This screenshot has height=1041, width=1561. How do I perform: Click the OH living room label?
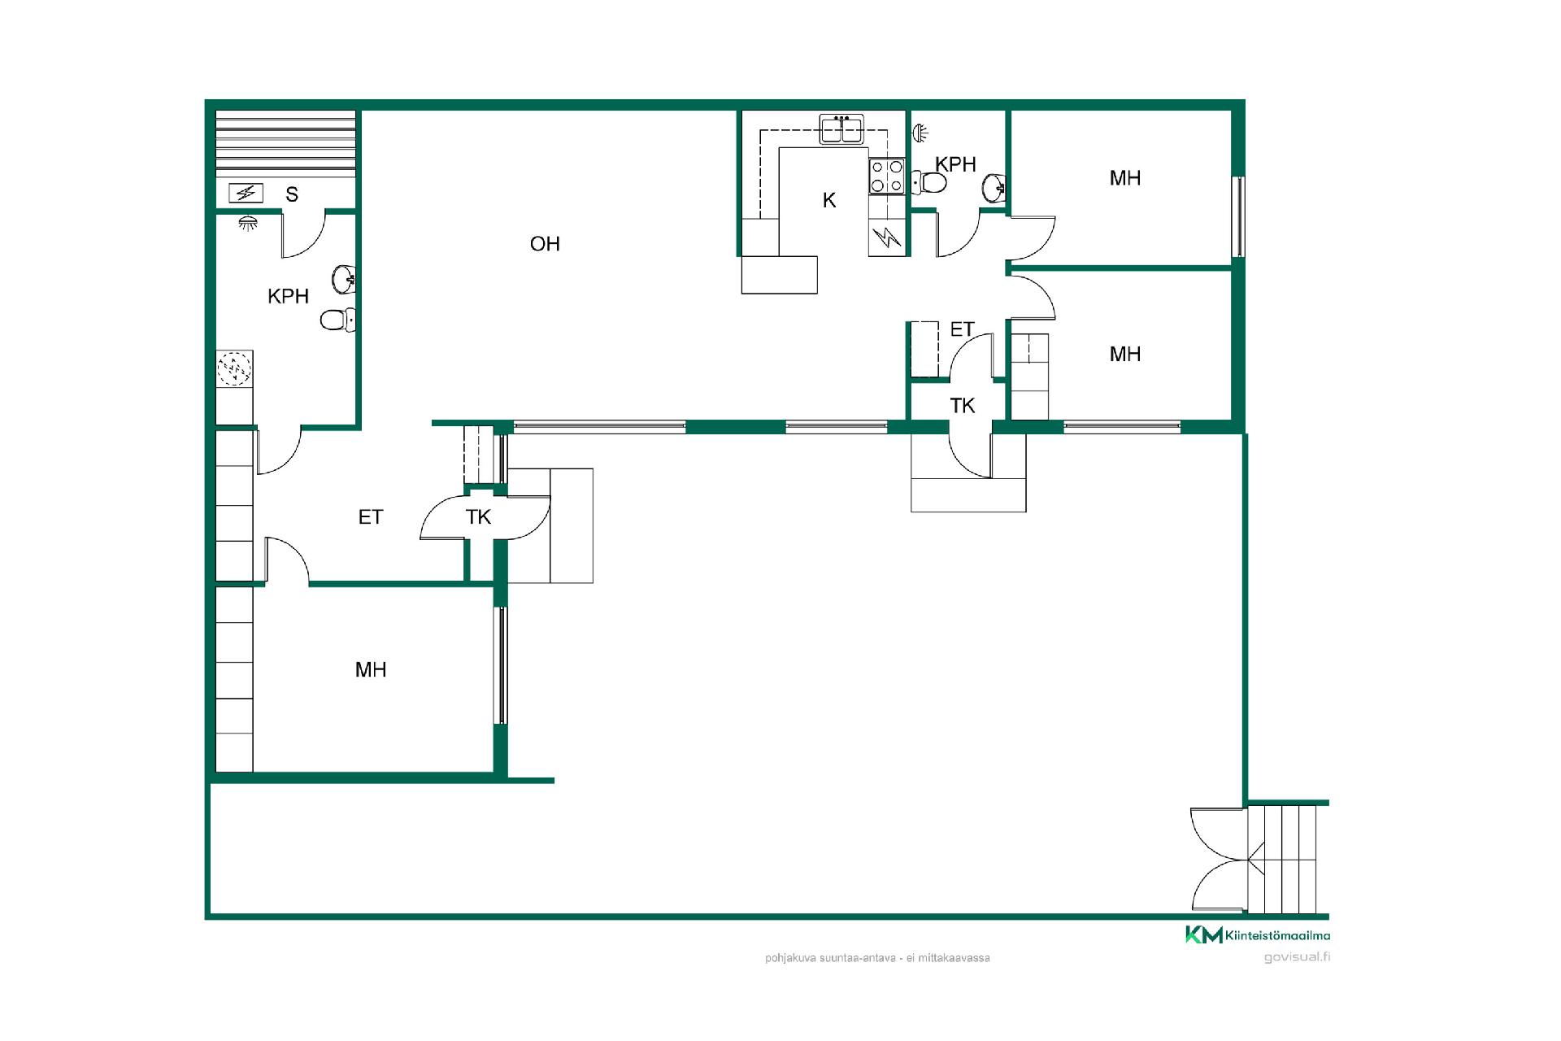click(545, 244)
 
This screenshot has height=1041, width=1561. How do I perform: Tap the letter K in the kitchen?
click(829, 200)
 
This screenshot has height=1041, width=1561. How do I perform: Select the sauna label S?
click(292, 194)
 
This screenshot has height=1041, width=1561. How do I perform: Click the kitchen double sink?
click(841, 129)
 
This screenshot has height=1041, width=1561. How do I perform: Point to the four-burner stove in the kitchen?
click(887, 176)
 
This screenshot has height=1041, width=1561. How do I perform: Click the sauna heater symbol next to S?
click(246, 193)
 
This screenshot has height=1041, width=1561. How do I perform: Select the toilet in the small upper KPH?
click(929, 182)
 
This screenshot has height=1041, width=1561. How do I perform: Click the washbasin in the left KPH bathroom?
click(345, 280)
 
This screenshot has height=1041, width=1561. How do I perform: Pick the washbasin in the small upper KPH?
click(994, 188)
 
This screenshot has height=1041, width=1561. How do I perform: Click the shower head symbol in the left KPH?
click(245, 222)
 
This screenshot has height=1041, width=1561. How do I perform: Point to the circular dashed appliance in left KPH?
click(234, 368)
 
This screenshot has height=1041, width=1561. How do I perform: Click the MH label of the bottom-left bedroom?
click(371, 670)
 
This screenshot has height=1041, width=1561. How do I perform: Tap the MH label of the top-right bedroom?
click(1125, 178)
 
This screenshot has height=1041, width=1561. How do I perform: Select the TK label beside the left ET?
click(479, 517)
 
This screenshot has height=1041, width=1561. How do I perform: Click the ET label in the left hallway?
click(371, 517)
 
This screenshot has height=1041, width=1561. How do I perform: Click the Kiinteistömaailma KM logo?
click(1258, 935)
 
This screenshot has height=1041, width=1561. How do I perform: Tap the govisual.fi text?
click(1297, 957)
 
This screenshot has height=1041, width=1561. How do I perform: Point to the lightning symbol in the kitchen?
click(887, 238)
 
